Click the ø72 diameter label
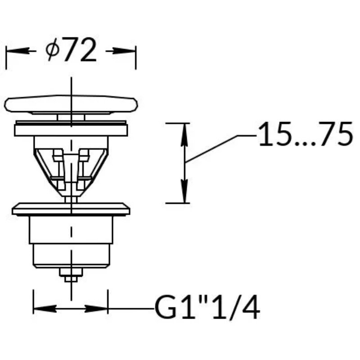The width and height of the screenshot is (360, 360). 71,49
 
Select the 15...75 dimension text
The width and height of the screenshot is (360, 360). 306,134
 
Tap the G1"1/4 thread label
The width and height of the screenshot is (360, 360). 207,308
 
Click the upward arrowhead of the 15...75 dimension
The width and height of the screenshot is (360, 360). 184,135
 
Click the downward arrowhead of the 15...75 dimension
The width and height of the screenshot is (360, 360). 184,191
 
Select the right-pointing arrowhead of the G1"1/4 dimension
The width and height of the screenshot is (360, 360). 96,309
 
